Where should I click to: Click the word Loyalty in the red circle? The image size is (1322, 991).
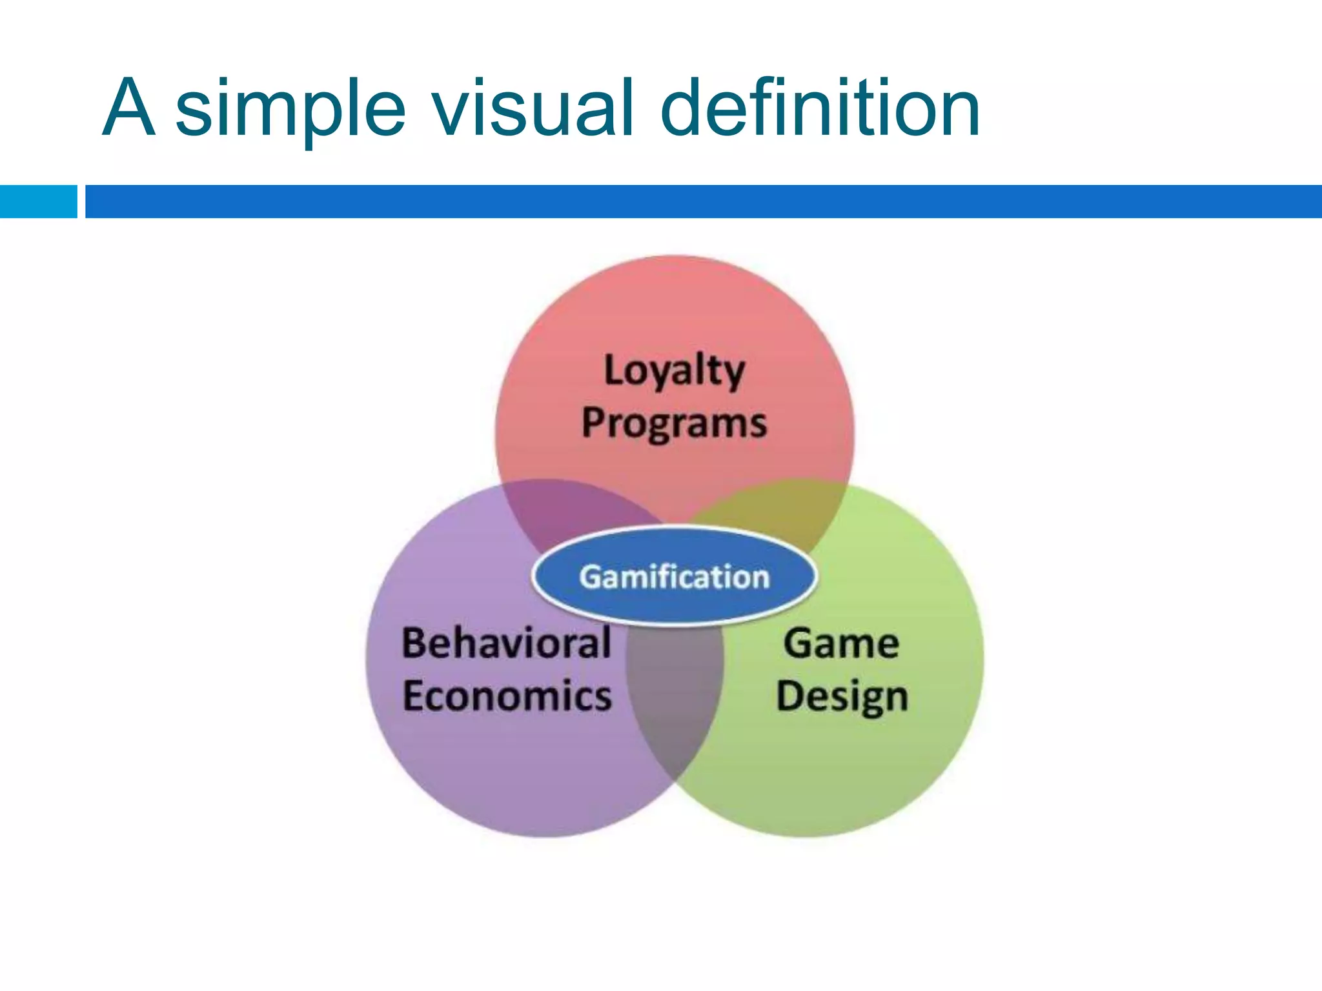(x=675, y=372)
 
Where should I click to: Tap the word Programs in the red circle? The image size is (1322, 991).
(x=675, y=424)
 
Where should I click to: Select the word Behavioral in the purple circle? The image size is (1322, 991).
(x=507, y=644)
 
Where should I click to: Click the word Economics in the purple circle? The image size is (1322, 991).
(x=507, y=697)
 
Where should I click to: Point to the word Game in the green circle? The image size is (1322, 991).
(x=841, y=644)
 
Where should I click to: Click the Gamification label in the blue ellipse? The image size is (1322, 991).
(x=675, y=577)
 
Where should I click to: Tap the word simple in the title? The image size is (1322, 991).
(x=290, y=108)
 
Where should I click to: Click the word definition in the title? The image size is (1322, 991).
(x=820, y=108)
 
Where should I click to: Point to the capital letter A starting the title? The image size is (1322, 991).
(x=129, y=108)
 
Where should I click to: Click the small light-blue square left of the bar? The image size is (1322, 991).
(x=39, y=201)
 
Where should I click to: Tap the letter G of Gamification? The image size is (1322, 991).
(x=589, y=577)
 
